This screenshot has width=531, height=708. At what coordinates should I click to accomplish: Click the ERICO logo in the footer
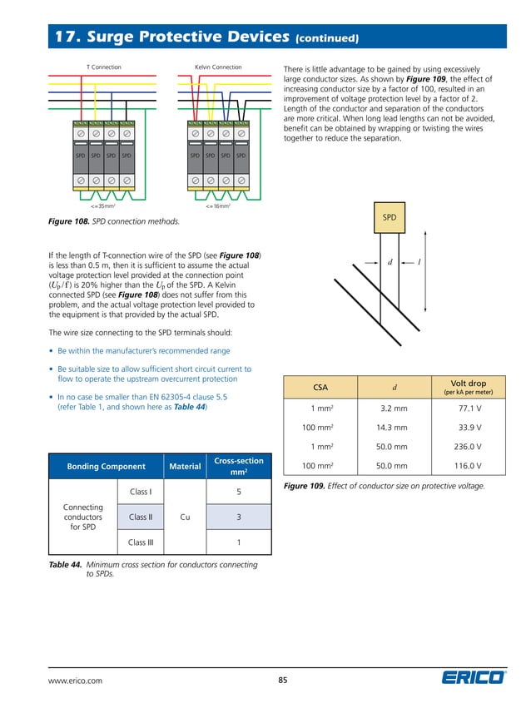pyautogui.click(x=473, y=678)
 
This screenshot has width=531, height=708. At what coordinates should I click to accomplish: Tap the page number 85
pyautogui.click(x=282, y=680)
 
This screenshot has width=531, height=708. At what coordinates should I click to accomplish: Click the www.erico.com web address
pyautogui.click(x=76, y=681)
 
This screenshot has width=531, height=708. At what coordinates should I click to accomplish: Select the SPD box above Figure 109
pyautogui.click(x=389, y=218)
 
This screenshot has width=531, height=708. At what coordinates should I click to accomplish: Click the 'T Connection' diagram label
pyautogui.click(x=104, y=67)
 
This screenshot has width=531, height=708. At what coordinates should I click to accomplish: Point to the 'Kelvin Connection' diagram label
pyautogui.click(x=218, y=67)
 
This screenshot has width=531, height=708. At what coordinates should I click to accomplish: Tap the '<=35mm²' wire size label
pyautogui.click(x=102, y=204)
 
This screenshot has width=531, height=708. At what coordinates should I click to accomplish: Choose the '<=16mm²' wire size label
pyautogui.click(x=217, y=204)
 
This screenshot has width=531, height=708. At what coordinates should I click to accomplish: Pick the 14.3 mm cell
pyautogui.click(x=394, y=428)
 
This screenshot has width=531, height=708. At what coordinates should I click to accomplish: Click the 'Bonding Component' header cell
pyautogui.click(x=106, y=467)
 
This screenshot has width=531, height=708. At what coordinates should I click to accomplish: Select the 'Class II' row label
pyautogui.click(x=140, y=517)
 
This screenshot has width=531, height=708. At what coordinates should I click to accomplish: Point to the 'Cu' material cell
pyautogui.click(x=185, y=517)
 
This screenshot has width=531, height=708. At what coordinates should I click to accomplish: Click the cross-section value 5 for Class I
pyautogui.click(x=239, y=492)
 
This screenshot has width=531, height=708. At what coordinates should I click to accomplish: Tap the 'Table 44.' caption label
pyautogui.click(x=66, y=565)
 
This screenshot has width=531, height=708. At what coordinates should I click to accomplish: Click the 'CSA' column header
pyautogui.click(x=320, y=387)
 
